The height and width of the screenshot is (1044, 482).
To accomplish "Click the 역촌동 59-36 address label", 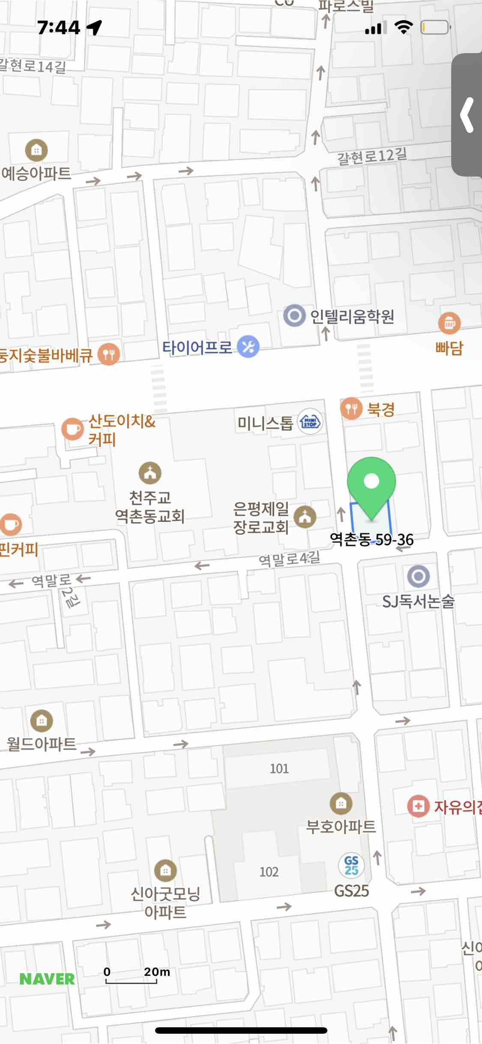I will pos(371,540).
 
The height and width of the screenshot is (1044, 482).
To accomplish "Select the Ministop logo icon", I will pos(310,422).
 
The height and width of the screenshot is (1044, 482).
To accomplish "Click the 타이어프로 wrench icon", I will pos(248,347).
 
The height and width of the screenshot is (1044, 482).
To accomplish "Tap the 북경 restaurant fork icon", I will pos(351,408).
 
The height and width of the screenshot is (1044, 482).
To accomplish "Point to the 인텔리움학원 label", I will pos(352,317).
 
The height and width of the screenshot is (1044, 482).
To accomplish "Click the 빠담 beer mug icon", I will pos(449,323).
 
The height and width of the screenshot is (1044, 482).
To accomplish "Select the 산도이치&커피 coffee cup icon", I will pos(72,429).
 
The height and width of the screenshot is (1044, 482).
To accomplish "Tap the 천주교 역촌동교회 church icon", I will pos(150,473).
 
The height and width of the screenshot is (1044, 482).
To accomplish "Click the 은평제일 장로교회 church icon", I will pos(305,517).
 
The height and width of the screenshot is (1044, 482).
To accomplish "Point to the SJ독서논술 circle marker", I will pos(418,576).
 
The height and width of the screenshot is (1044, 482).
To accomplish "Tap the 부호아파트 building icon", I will pos(341,803).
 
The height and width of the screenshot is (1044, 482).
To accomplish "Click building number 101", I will pos(279,768).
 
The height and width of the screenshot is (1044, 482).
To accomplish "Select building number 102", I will pos(269,872).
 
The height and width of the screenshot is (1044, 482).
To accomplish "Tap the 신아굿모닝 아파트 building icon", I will pos(165,870).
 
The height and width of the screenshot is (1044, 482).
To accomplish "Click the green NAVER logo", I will pos(47,979).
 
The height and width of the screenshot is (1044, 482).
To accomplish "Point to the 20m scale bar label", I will pos(157,972).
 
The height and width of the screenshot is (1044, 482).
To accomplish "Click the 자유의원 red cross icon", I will pos(418,806).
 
